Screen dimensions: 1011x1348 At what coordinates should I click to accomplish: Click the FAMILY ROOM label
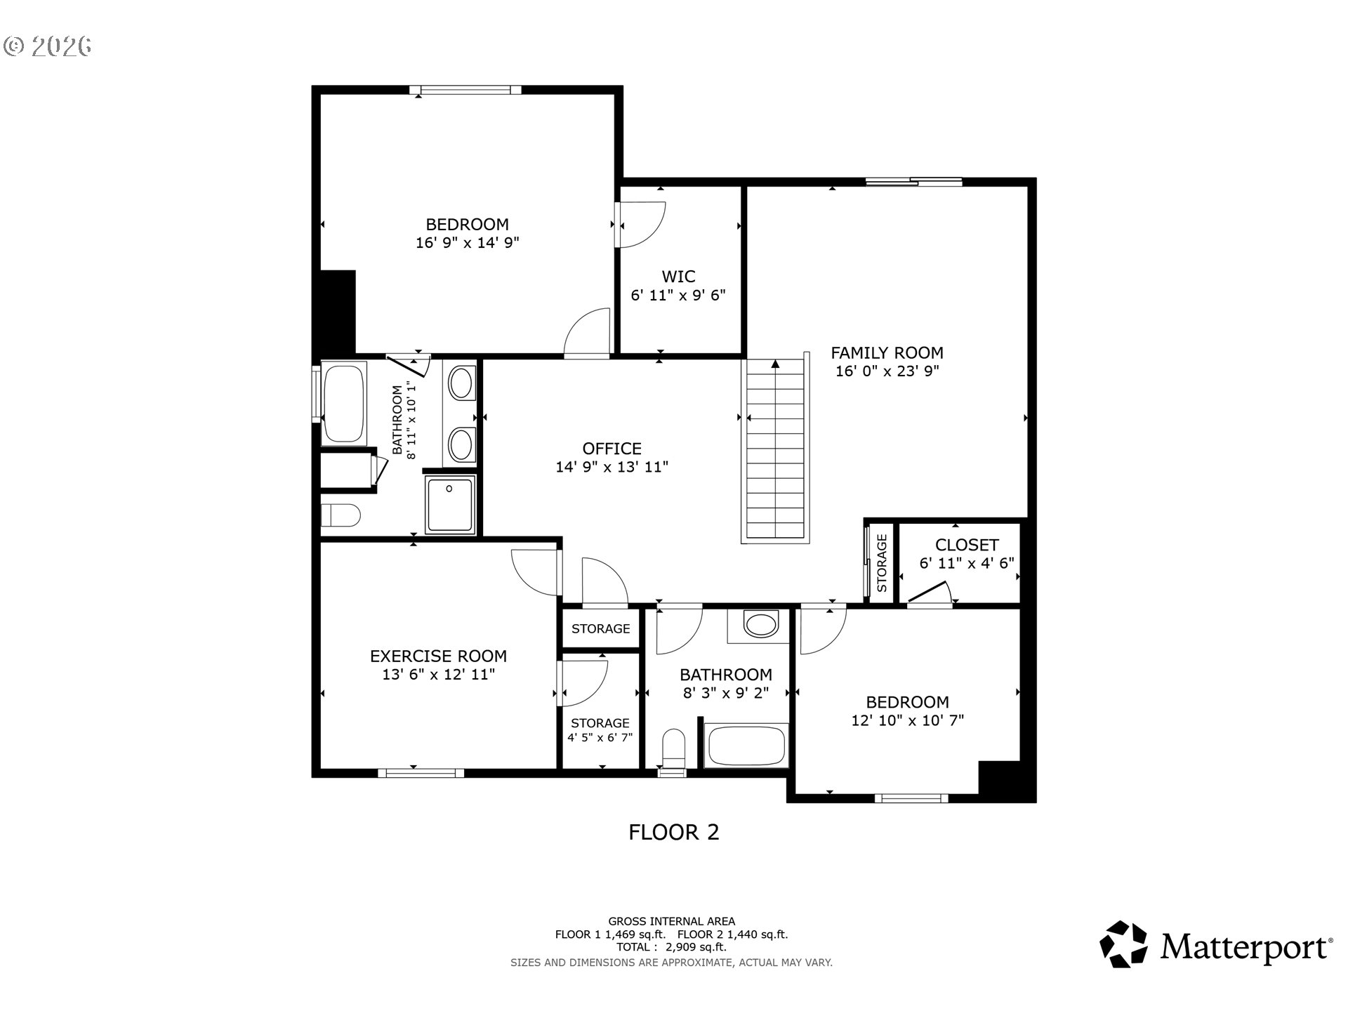pos(887,352)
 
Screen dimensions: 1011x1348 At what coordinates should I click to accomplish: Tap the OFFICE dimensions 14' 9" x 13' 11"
pos(612,467)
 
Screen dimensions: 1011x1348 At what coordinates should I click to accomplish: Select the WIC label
pos(678,277)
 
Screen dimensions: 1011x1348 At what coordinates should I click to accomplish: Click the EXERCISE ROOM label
pos(438,656)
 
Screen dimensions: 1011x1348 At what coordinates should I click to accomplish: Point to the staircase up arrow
pos(775,365)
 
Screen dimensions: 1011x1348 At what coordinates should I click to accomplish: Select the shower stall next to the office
pos(449,505)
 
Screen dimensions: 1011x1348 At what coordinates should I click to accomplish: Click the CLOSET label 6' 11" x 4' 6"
pos(967,545)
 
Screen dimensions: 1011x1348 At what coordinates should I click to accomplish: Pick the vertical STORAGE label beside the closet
pos(883,562)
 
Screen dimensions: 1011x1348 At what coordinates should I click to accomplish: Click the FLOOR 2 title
pos(673,833)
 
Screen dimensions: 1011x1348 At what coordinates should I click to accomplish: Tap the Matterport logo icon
pos(1123,944)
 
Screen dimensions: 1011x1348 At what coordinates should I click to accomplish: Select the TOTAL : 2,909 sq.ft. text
pos(671,947)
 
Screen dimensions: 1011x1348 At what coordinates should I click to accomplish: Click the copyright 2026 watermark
pos(48,46)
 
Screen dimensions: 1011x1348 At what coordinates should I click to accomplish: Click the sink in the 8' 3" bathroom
pos(760,624)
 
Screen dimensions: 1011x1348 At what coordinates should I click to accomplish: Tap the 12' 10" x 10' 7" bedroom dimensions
pos(907,720)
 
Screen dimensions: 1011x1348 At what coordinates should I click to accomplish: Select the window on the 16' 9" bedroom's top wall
pos(466,90)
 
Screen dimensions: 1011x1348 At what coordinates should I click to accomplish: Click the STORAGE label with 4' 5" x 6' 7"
pos(600,723)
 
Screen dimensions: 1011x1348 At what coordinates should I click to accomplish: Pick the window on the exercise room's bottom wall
pos(421,773)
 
